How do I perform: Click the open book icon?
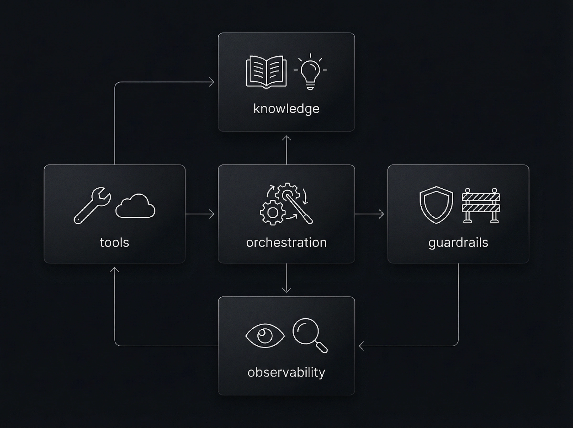266,71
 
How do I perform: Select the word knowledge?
286,109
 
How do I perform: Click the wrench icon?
92,205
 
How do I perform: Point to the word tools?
114,242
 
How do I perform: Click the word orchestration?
286,242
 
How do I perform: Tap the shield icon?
436,205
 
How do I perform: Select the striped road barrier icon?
481,205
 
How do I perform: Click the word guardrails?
458,242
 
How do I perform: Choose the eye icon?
265,336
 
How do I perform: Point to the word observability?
286,372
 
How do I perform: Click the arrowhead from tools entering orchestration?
212,214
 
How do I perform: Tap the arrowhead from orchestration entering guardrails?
382,214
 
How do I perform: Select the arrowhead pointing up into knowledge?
286,138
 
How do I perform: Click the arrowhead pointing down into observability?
286,290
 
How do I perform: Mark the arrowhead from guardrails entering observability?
361,346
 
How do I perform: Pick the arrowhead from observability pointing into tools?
114,269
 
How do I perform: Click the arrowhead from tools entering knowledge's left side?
212,82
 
